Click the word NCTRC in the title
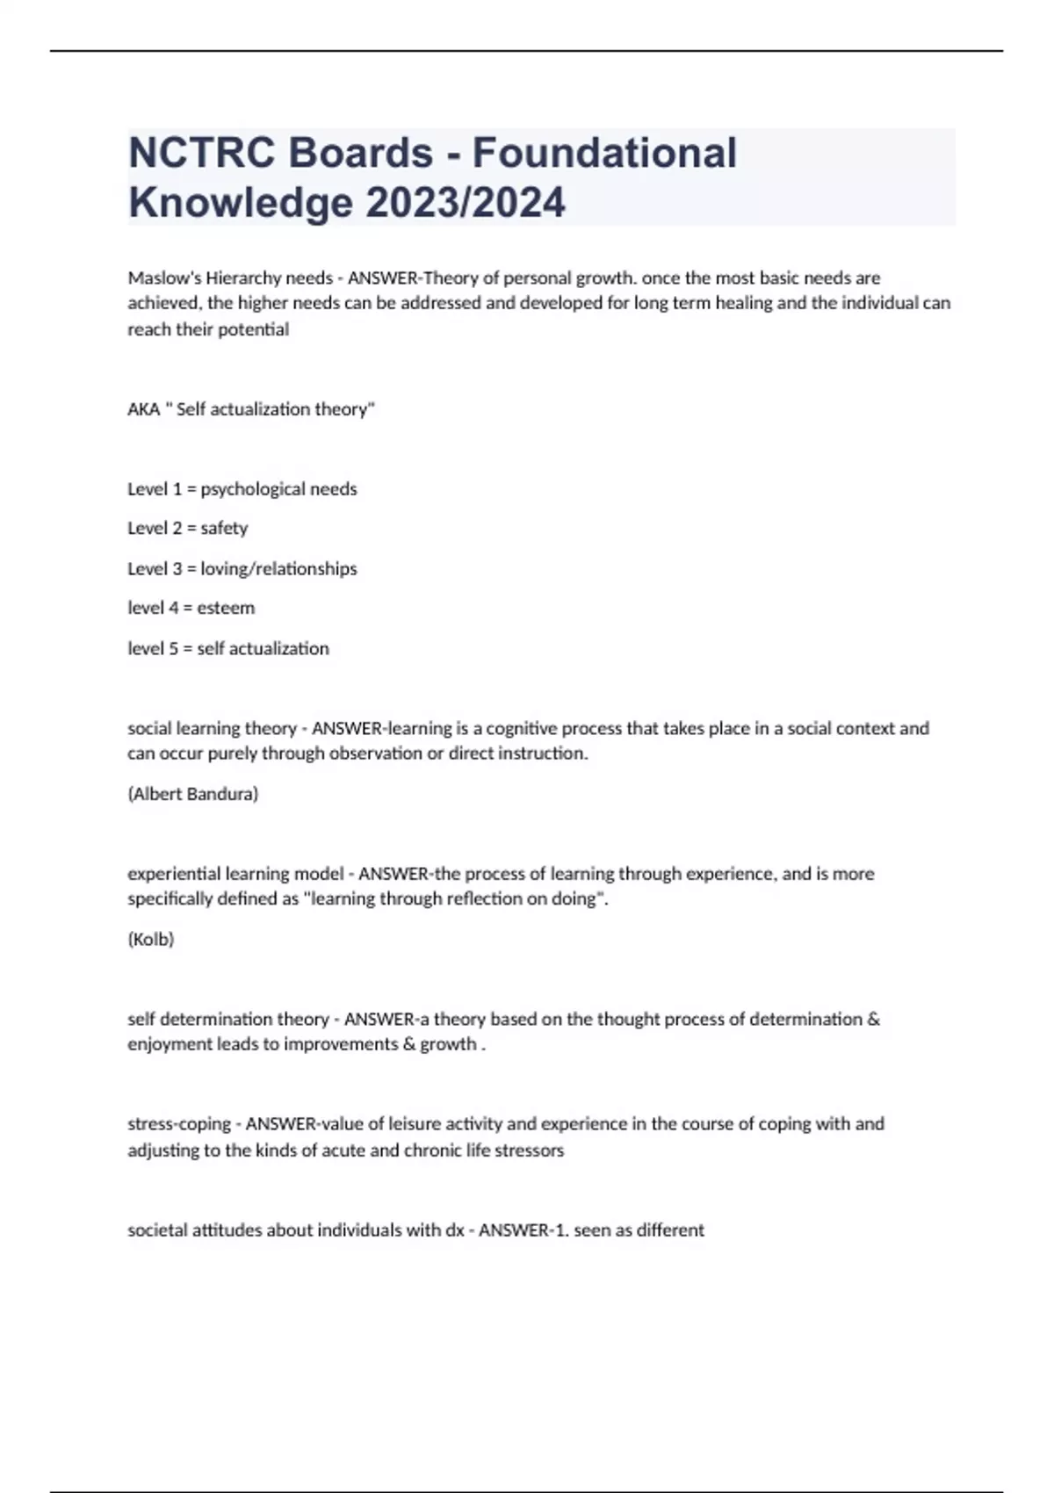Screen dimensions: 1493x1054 coord(204,153)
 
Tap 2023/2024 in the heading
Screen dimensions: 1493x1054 coord(465,203)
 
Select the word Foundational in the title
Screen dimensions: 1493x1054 coord(604,153)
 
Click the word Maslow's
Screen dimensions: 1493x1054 coord(164,278)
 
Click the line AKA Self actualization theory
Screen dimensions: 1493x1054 coord(251,409)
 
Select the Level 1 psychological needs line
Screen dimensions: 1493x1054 coord(242,489)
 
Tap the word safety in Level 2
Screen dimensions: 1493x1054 coord(224,529)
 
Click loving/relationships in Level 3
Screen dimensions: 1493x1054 coord(278,569)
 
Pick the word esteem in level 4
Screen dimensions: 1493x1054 coord(226,608)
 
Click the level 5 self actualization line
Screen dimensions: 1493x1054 coord(228,649)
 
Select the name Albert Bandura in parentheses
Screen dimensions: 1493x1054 coord(193,794)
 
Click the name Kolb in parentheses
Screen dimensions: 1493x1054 coord(151,940)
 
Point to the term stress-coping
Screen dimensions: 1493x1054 coord(179,1124)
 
